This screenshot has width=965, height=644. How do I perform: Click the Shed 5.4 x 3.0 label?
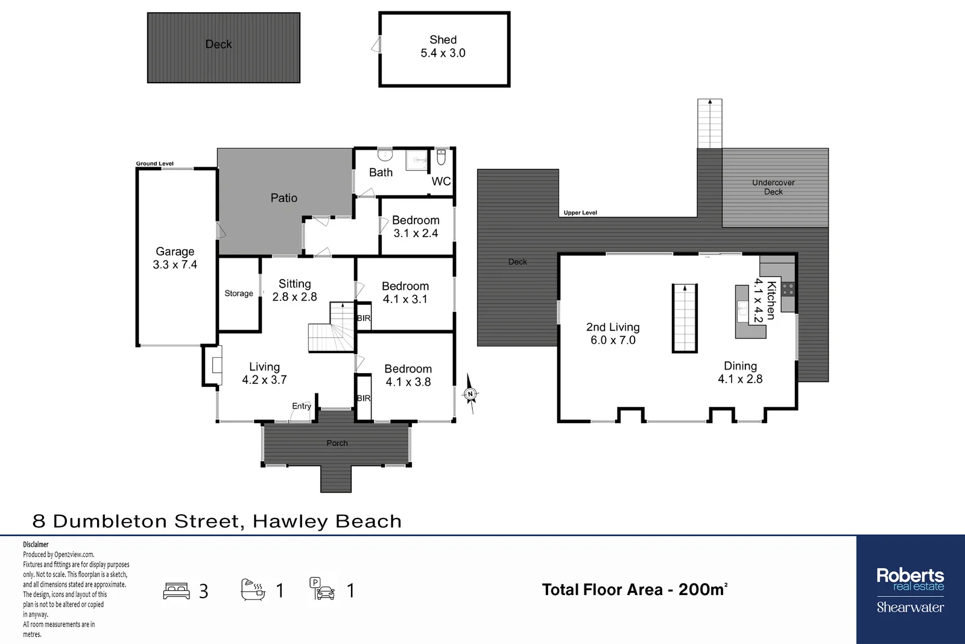pos(443,46)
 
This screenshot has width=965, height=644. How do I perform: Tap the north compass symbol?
pos(470,394)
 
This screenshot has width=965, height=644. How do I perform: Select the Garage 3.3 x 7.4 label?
pos(175,258)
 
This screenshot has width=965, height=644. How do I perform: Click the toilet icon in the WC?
pos(441,158)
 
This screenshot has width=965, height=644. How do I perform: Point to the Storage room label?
pos(239,293)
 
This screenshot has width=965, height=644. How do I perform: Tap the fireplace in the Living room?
pos(216,365)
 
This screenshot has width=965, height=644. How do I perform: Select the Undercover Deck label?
pos(773,187)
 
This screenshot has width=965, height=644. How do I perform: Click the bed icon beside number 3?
pos(177,590)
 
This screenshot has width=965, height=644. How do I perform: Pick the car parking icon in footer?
pos(322,589)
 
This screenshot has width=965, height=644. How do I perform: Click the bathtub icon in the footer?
pos(253,589)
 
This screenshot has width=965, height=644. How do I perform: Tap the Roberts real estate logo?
pos(910,589)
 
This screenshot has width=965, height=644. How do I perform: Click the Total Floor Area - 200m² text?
pos(634,590)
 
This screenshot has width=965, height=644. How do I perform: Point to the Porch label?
pos(337,443)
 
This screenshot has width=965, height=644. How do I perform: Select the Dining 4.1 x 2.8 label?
pos(740,372)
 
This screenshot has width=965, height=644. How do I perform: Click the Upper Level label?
pos(580,213)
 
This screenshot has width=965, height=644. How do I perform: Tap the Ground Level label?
pos(154,164)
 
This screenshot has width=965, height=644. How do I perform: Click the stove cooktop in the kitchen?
pos(788,289)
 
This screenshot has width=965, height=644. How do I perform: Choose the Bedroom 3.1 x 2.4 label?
pos(416,226)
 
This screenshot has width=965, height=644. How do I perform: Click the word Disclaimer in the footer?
pos(36,544)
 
